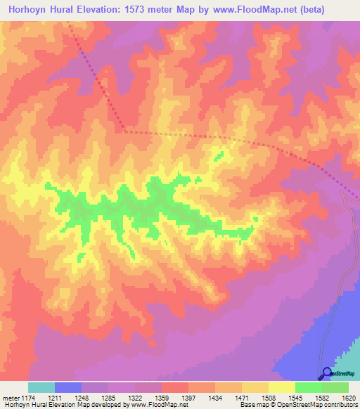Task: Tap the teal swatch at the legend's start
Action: tap(41, 387)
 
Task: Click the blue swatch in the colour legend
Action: tap(68, 387)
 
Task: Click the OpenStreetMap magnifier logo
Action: tap(326, 373)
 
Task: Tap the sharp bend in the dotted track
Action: tap(124, 130)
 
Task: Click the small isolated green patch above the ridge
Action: tap(219, 155)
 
